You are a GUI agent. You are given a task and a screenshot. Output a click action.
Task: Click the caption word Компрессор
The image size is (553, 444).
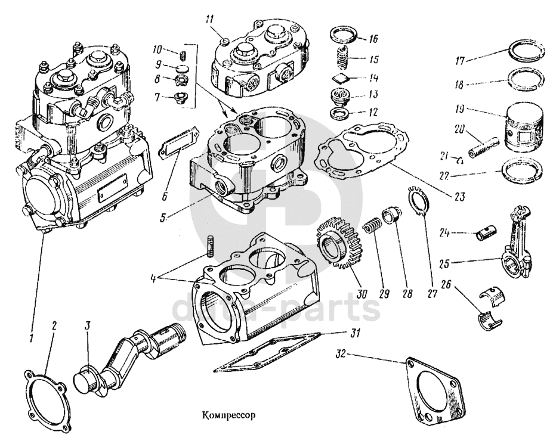[x=228, y=415]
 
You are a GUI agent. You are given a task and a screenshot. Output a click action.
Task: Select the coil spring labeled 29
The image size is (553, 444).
[x=373, y=228]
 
